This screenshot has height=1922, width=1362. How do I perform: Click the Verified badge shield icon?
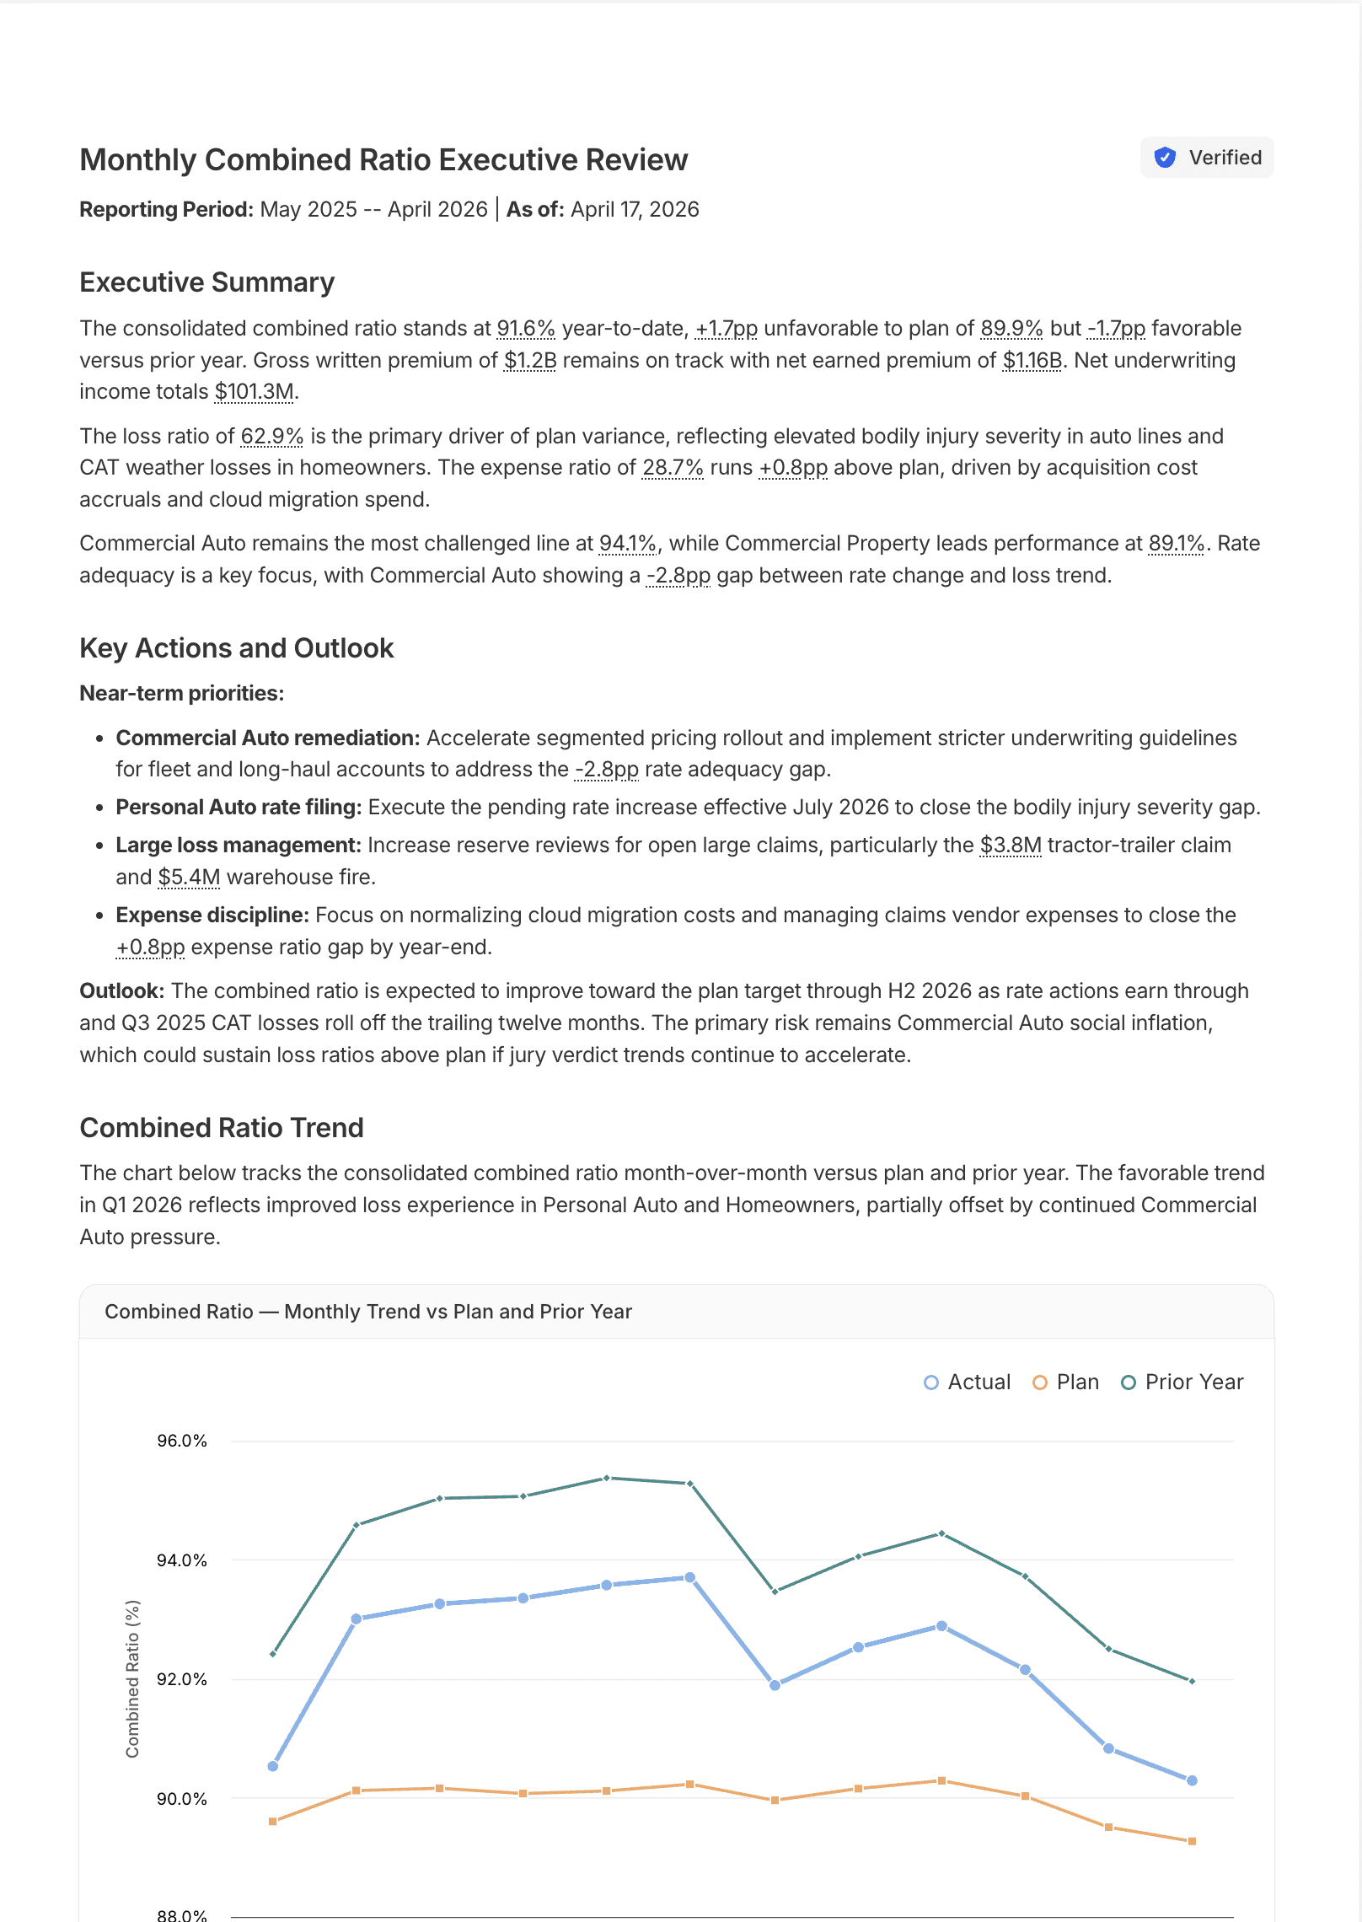(x=1165, y=158)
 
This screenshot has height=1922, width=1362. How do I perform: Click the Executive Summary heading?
(x=206, y=282)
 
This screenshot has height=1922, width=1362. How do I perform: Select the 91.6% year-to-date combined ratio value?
(x=525, y=329)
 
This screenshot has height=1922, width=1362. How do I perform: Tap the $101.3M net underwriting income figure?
(x=254, y=392)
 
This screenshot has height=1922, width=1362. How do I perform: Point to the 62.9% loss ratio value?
(x=271, y=437)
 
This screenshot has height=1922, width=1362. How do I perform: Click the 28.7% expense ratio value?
(x=672, y=468)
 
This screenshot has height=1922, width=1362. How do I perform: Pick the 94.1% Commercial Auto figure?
(x=627, y=544)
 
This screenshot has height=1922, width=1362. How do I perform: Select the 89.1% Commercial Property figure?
(x=1176, y=544)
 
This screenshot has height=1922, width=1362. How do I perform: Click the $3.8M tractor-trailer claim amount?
(x=1010, y=846)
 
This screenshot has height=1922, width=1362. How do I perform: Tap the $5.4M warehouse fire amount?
(x=189, y=878)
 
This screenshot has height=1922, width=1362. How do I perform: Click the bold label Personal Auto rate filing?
(x=239, y=808)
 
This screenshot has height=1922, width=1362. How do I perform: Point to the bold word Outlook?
(x=121, y=991)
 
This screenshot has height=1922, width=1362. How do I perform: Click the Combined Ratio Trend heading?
(x=221, y=1128)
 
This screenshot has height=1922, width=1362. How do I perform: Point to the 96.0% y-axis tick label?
(x=182, y=1441)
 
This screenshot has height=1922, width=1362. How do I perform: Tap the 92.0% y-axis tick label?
(x=182, y=1679)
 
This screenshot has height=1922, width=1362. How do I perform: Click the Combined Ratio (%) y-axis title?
(x=132, y=1678)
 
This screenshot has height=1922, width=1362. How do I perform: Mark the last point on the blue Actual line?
(x=1192, y=1780)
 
